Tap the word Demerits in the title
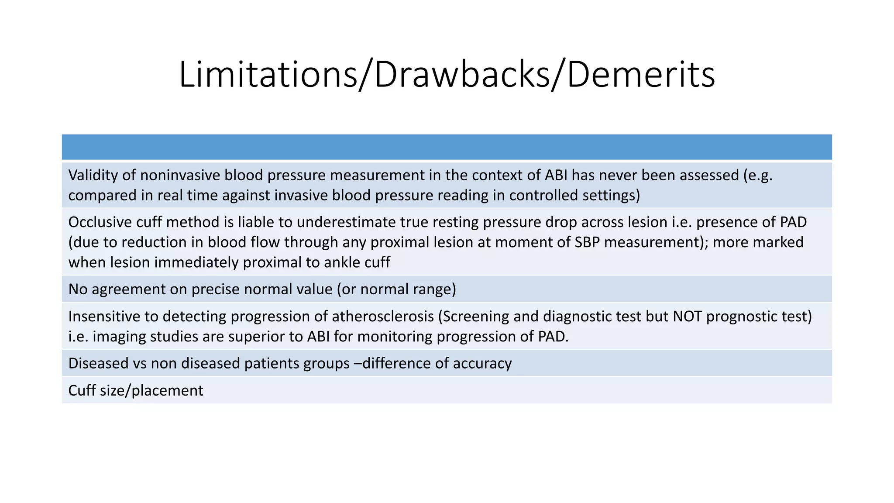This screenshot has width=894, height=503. [641, 75]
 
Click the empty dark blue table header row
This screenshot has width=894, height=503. [447, 147]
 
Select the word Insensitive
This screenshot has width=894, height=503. [104, 316]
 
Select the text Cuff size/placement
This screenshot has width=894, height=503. [136, 390]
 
